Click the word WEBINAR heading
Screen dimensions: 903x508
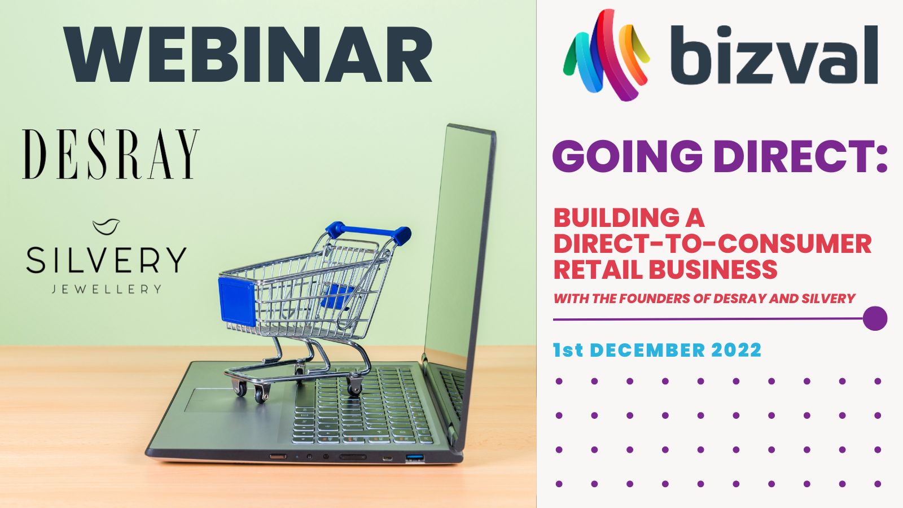point(248,54)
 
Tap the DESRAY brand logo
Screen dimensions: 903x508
point(111,154)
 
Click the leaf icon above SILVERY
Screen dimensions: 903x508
point(106,226)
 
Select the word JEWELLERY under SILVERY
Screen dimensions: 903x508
point(107,289)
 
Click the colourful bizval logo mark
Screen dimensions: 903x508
point(606,55)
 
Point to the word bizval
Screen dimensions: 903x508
point(774,54)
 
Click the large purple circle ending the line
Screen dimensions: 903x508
point(875,318)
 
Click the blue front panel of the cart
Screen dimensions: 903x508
point(237,301)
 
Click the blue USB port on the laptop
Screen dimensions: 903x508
point(415,458)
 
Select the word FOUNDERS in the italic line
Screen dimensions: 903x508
point(652,299)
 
